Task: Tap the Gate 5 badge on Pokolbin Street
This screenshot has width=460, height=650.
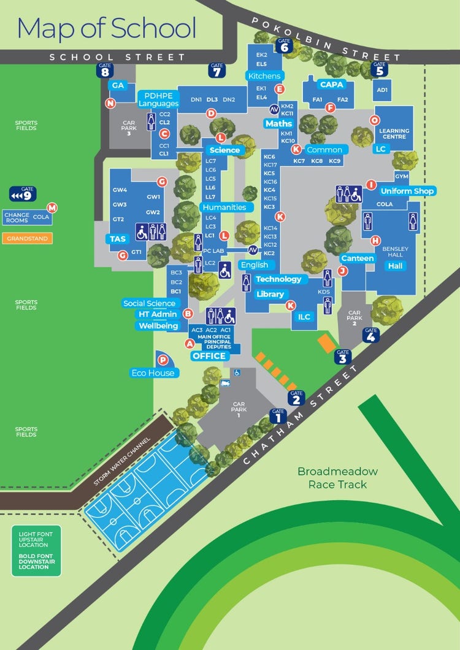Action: pos(380,69)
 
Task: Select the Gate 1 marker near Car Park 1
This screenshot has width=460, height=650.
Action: pos(278,417)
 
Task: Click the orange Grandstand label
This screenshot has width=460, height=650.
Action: pos(27,238)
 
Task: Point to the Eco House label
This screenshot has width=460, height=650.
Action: pos(153,372)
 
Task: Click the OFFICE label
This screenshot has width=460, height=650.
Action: pos(209,356)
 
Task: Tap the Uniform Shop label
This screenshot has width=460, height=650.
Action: pos(407,191)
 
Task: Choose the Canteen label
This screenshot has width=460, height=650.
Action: pos(358,259)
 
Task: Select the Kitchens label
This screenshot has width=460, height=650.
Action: pos(264,76)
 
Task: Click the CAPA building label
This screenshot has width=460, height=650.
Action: pos(331,85)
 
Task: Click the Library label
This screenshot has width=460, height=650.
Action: pos(270,294)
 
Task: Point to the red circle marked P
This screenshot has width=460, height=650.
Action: pos(163,360)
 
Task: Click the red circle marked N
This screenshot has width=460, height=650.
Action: pos(110,103)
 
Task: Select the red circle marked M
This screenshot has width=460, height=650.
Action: pos(52,208)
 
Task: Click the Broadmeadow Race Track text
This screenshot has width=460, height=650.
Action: pos(337,478)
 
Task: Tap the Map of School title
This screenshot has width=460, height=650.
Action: pos(107,28)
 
